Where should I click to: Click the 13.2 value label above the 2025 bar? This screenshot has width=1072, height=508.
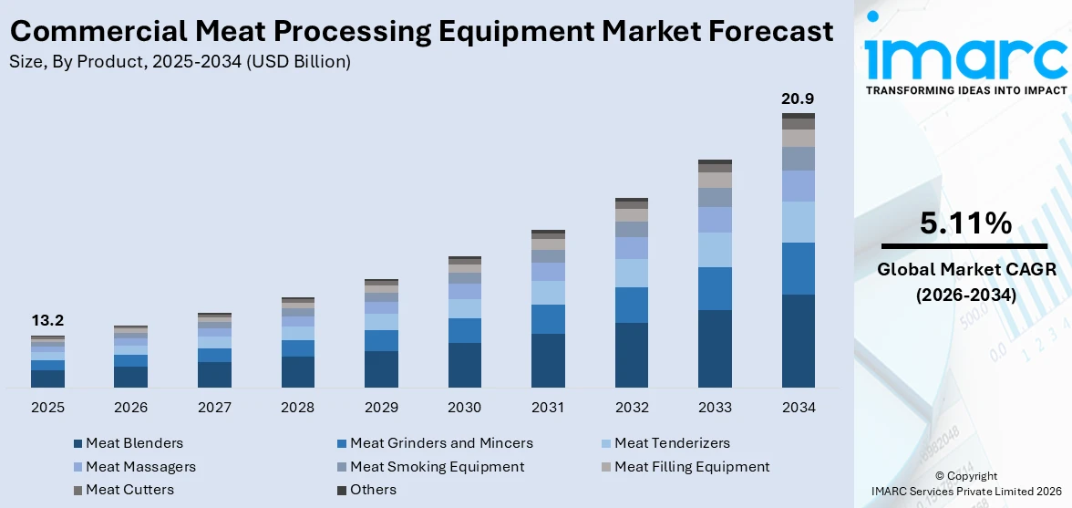click(x=47, y=321)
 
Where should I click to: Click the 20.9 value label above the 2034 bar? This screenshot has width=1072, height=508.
click(x=798, y=98)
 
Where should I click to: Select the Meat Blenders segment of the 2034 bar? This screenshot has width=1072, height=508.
click(x=798, y=340)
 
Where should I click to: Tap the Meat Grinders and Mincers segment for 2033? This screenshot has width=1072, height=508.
click(x=715, y=288)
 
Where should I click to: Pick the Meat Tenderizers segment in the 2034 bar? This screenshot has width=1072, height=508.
click(x=798, y=222)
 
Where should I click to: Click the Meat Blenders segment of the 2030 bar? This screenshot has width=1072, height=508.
click(x=465, y=365)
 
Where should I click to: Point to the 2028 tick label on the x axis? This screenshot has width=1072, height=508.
click(x=298, y=407)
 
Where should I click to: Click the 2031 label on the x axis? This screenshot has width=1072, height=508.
click(x=548, y=407)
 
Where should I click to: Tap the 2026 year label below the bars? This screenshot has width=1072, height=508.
click(x=131, y=407)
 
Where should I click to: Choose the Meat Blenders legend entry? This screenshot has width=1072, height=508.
click(x=134, y=443)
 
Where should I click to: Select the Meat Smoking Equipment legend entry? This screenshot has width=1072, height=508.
click(x=437, y=467)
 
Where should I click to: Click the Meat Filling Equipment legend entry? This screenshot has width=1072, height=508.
click(x=691, y=467)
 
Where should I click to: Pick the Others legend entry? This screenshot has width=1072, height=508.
click(x=373, y=490)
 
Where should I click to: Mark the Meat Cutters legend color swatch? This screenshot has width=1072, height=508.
click(x=77, y=491)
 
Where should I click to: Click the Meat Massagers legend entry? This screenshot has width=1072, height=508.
click(x=140, y=467)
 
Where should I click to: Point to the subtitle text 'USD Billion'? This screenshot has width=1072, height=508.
click(x=304, y=62)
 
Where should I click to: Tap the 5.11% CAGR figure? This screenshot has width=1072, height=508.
click(x=964, y=223)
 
